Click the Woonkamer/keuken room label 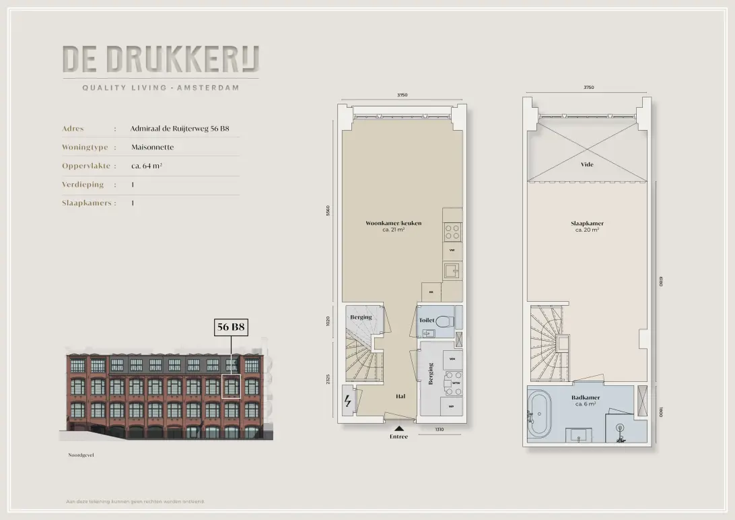click(393, 223)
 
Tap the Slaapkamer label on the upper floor click(587, 223)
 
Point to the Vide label click(587, 164)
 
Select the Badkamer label click(586, 397)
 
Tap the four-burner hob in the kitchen click(452, 232)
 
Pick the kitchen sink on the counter click(451, 271)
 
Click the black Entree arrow click(399, 427)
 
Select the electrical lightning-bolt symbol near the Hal click(348, 401)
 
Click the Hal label click(400, 397)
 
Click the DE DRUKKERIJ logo click(160, 60)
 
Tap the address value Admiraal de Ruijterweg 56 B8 click(175, 128)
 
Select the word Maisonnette click(153, 147)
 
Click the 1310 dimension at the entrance click(439, 429)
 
